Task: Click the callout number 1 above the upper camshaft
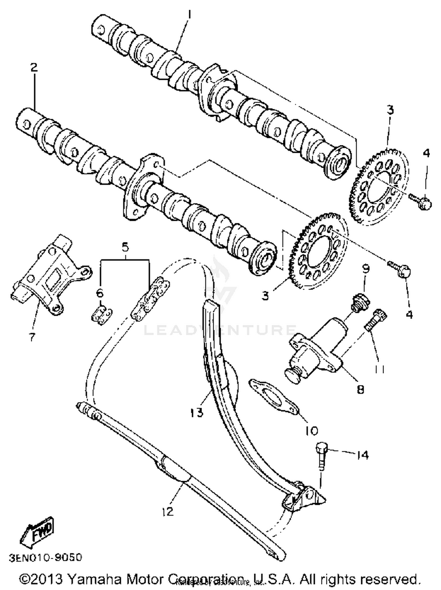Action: click(x=189, y=14)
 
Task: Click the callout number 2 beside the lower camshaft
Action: click(x=34, y=68)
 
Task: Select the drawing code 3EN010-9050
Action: click(x=45, y=557)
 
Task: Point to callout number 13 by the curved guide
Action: click(x=196, y=412)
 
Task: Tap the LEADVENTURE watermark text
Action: click(x=219, y=330)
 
